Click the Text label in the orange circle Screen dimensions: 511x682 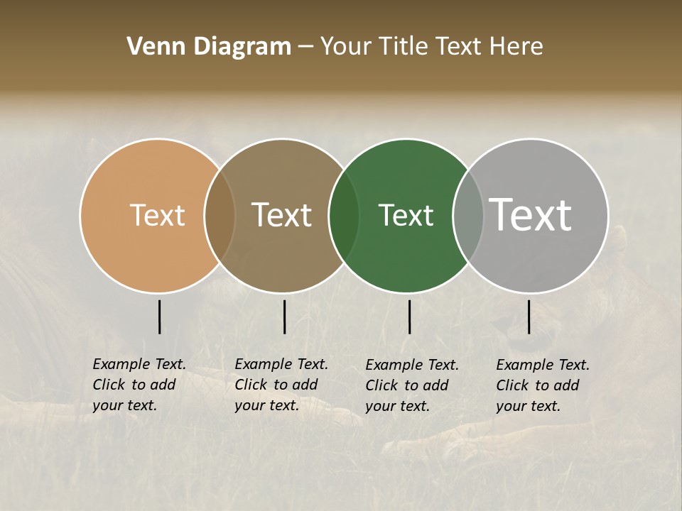[x=157, y=215]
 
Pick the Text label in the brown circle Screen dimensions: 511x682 [x=282, y=215]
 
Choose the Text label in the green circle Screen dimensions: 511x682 [x=406, y=215]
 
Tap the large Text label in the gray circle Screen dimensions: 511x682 [x=531, y=214]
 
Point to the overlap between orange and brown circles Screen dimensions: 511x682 [x=220, y=215]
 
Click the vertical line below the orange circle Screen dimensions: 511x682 [x=159, y=317]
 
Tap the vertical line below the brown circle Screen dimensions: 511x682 [x=284, y=317]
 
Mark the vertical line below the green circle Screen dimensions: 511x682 [x=409, y=317]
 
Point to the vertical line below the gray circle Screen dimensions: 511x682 [x=529, y=317]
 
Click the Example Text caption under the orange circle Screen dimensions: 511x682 [x=139, y=385]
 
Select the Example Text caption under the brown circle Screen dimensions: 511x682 [x=281, y=385]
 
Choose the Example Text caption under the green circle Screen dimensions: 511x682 [x=412, y=385]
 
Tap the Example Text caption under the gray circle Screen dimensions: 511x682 [x=543, y=385]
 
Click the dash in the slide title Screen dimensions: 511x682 [x=305, y=48]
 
